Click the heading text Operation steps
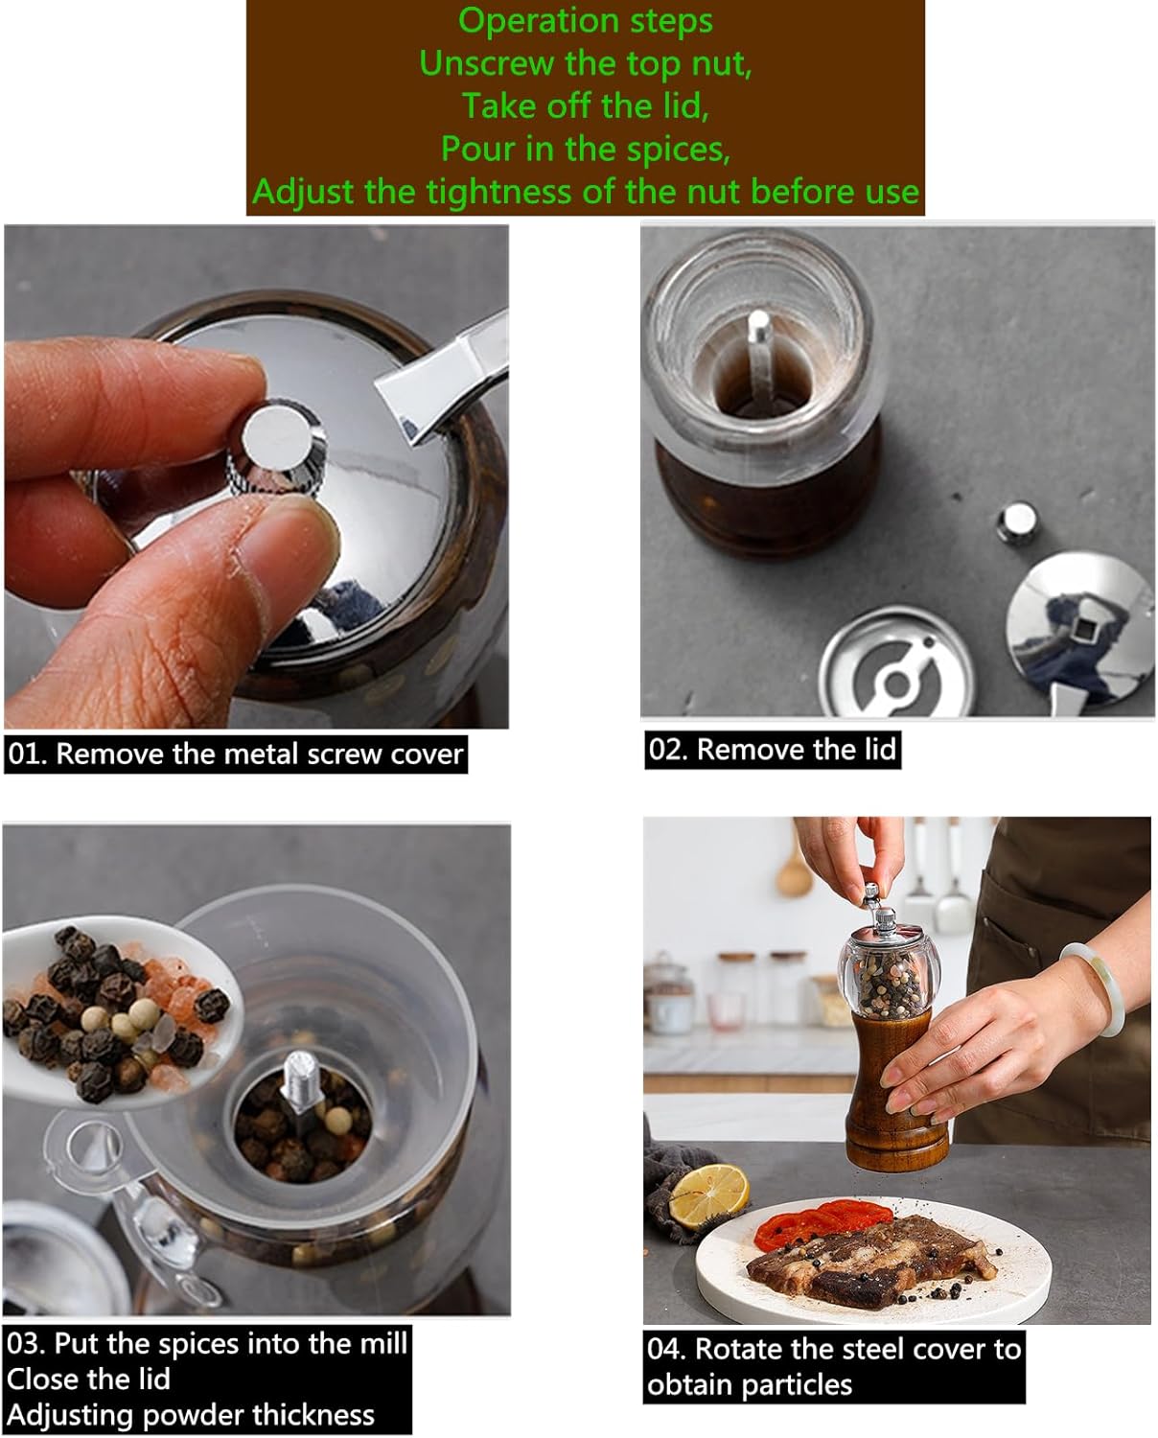pos(585,20)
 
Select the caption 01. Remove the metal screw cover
pos(236,754)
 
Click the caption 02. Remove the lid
pos(772,749)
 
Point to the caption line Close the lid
pos(88,1380)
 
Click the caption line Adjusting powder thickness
pos(191,1415)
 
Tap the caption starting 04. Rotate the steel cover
pos(833,1350)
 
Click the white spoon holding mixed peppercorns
pos(115,1016)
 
